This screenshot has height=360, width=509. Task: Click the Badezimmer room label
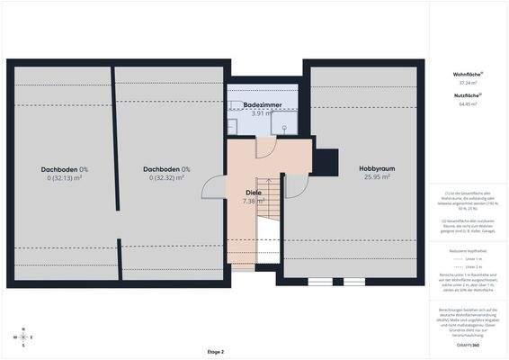[263, 105]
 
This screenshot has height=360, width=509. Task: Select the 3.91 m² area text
[263, 114]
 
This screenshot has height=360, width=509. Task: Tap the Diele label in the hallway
[254, 193]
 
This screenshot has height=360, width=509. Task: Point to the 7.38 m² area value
[254, 202]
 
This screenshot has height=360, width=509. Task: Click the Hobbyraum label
[377, 168]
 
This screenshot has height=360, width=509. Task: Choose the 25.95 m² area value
[377, 177]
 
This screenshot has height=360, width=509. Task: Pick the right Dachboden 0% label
[167, 169]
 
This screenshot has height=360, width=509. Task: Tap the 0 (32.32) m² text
[167, 178]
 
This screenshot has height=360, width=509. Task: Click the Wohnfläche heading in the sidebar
[466, 74]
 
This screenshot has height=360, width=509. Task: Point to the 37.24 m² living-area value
[466, 83]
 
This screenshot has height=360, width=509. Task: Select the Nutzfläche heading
[466, 94]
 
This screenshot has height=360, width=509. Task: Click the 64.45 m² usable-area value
[466, 103]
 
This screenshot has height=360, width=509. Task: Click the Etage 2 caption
[215, 351]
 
